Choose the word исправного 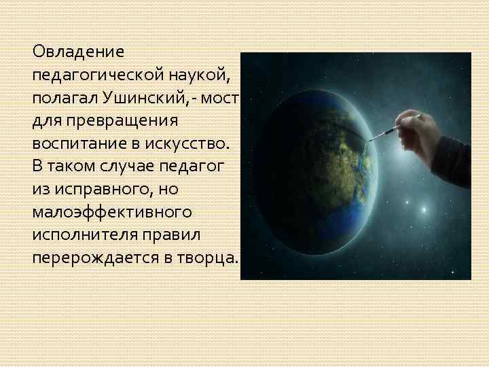click(x=101, y=190)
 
